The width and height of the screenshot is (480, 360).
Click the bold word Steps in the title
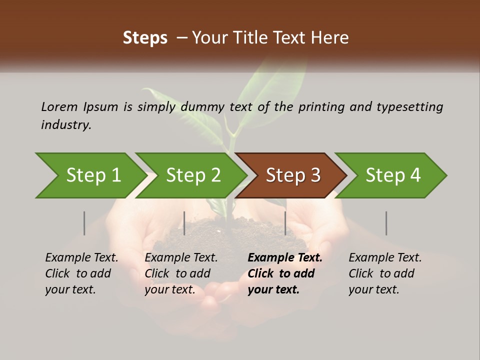coord(145,38)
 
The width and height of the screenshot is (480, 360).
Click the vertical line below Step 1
coord(84,223)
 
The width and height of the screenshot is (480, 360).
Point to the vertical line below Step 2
coord(184,223)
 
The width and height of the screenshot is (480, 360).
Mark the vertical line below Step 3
coord(285,223)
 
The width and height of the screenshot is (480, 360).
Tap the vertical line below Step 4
coord(386,223)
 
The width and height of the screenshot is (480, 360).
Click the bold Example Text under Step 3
coord(285,258)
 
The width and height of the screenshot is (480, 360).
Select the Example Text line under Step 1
coord(81,258)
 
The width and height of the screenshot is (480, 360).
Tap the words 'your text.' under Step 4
coord(373,289)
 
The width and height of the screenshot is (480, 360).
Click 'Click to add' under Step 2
coord(177,273)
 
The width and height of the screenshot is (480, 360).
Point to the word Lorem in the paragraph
coord(59,107)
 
